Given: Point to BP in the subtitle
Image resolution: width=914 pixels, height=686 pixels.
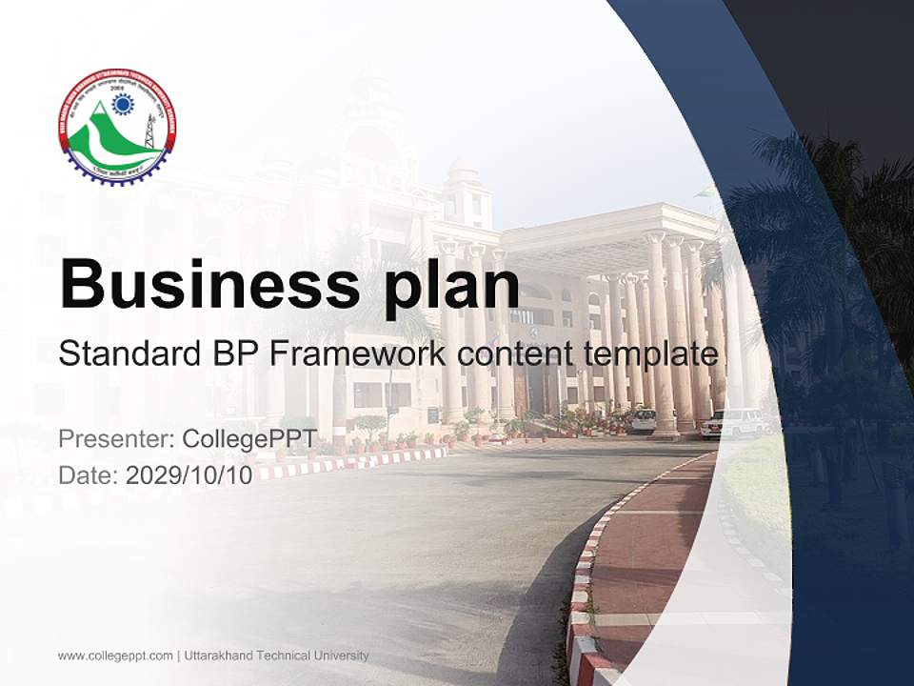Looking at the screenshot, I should (231, 354).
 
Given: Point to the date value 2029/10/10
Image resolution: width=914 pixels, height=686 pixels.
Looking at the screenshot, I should (189, 475).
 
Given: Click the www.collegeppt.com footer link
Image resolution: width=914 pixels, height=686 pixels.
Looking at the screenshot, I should (115, 656).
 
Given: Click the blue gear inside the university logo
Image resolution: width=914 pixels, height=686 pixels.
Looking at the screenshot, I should (123, 104).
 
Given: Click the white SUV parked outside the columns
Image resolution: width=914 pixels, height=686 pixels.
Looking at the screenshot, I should (732, 423).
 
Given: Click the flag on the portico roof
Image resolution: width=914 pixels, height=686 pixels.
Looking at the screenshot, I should (704, 191).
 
